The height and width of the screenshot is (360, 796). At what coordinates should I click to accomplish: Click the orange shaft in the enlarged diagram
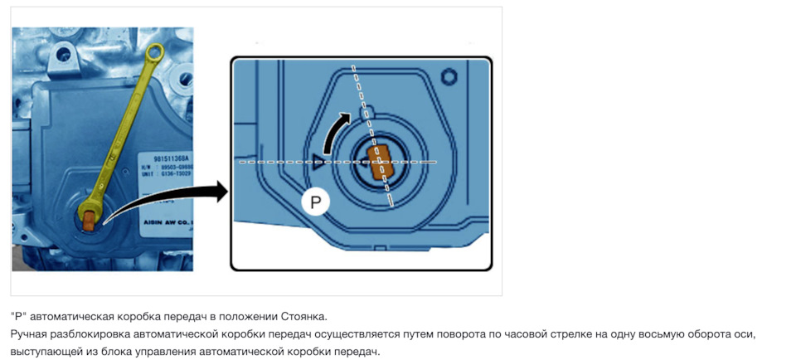380,162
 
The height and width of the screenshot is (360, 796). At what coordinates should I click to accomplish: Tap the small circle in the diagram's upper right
449,77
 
